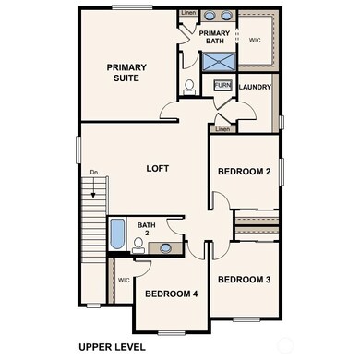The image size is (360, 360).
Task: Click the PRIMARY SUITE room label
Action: click(x=126, y=73)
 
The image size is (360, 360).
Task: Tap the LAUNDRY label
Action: click(x=254, y=88)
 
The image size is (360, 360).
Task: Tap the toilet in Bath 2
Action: click(x=138, y=246)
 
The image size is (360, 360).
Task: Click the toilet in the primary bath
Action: click(x=188, y=88)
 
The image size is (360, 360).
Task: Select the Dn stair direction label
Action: click(x=94, y=173)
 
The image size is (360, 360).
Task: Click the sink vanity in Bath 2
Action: click(x=164, y=247)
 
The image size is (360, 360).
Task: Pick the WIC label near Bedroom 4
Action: click(x=124, y=280)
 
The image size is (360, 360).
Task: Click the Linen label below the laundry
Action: click(x=222, y=129)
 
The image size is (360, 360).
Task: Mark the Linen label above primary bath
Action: click(x=188, y=14)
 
